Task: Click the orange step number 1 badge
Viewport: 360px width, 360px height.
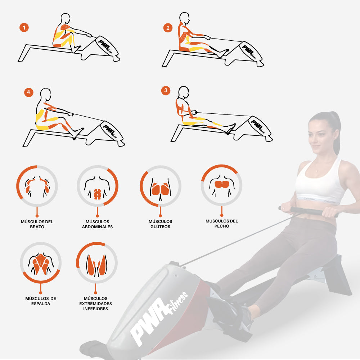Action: tap(24, 28)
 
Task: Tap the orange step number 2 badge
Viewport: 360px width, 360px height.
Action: tap(168, 28)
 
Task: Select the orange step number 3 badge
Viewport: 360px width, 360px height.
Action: tap(166, 90)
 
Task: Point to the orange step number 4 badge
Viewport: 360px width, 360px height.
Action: tap(29, 92)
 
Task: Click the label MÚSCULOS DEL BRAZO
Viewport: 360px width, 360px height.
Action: tap(37, 224)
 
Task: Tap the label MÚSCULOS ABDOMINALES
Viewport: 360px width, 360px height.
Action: tap(97, 224)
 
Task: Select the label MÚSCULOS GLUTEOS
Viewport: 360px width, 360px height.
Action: tap(160, 224)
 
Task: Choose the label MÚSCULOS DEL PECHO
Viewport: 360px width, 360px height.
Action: tap(222, 224)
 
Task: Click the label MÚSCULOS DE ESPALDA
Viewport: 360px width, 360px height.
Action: tap(41, 301)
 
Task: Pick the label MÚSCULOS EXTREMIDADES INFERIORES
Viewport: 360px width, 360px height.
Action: tap(95, 303)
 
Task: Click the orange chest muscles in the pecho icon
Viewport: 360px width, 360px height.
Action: tap(222, 184)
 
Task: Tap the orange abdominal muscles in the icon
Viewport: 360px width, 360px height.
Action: tap(97, 194)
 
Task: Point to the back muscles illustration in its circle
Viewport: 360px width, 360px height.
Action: tap(41, 264)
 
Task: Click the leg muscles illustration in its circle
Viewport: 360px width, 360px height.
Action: tap(96, 265)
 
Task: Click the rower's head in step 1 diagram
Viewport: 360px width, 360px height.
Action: tap(66, 18)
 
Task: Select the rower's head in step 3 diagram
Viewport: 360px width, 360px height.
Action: tap(184, 92)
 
